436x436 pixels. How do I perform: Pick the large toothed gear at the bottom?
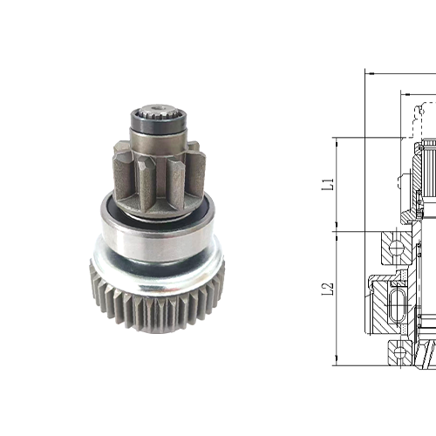(x=157, y=301)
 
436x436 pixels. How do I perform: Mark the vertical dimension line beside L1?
(x=337, y=185)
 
